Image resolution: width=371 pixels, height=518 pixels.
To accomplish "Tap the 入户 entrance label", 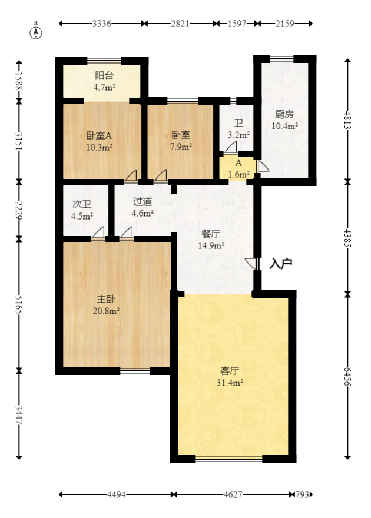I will click(281, 264).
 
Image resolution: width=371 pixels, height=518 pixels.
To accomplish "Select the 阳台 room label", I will click(104, 75).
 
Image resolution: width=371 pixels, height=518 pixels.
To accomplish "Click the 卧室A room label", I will click(99, 134).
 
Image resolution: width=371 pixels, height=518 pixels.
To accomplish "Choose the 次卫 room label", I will click(82, 204).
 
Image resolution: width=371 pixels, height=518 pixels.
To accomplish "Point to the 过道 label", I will click(143, 201).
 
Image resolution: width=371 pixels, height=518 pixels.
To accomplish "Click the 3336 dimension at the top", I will click(102, 24).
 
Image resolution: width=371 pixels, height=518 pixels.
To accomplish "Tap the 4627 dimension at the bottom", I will click(233, 495).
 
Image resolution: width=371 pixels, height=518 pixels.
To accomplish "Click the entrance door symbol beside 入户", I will click(254, 264).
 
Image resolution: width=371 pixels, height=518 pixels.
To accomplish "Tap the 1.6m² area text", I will click(239, 174).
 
